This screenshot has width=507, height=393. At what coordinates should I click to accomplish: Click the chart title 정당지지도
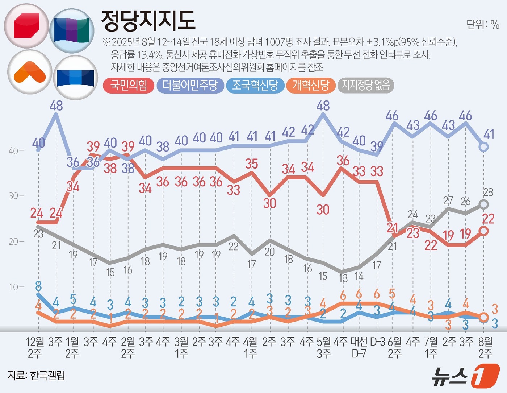pos(148,20)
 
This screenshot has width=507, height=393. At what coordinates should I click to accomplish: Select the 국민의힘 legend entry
pos(129,86)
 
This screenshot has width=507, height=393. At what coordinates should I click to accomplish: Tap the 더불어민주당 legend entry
pos(190,86)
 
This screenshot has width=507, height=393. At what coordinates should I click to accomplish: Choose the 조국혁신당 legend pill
pos(255,86)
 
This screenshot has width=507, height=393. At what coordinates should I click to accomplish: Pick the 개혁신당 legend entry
pos(311,86)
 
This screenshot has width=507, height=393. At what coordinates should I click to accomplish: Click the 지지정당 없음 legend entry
pos(366,86)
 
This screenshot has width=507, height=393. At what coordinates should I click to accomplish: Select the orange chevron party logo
pos(29,72)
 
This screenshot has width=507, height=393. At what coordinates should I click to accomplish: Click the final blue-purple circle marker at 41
pos(484,147)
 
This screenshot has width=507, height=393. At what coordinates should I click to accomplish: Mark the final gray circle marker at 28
pos(484,204)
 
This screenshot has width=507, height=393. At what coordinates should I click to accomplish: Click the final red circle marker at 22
pos(484,231)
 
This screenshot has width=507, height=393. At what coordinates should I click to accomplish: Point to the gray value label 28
pos(488,192)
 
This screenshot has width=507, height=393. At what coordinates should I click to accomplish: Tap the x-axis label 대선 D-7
pos(359,347)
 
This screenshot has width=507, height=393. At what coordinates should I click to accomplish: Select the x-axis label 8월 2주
pos(485,347)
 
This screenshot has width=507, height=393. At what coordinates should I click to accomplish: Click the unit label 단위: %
pos(483,24)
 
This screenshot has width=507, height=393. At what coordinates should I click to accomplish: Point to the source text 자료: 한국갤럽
pos(36,375)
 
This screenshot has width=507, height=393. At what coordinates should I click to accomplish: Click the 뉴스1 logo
pos(465,376)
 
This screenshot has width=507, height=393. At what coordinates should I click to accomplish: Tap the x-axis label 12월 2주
pos(35,347)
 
